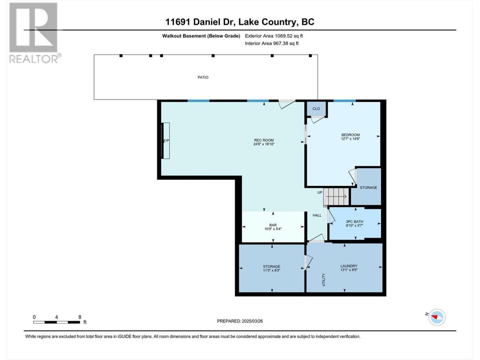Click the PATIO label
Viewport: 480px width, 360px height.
click(203, 77)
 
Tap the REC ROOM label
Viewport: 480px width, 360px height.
click(264, 140)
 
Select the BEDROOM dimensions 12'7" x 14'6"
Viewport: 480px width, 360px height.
click(351, 139)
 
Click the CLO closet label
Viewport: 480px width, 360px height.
click(316, 109)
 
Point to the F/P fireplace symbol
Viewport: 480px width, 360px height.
click(165, 141)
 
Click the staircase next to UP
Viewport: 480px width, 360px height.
click(336, 196)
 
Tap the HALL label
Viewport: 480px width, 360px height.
click(317, 215)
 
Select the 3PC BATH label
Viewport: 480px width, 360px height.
click(354, 221)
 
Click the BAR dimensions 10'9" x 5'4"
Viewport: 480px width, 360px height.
click(273, 229)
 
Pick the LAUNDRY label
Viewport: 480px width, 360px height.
click(349, 266)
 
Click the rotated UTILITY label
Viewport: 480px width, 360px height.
click(324, 280)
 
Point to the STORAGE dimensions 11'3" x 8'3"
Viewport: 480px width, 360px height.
click(271, 270)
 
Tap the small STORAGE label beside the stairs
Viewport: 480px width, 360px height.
click(369, 187)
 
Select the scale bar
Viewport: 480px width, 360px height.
click(56, 322)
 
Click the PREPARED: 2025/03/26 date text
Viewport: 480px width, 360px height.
click(240, 321)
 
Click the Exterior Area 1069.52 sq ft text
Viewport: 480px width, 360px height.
click(274, 36)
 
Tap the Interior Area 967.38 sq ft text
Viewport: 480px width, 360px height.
click(271, 43)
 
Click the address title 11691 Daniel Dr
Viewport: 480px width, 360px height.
click(200, 22)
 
